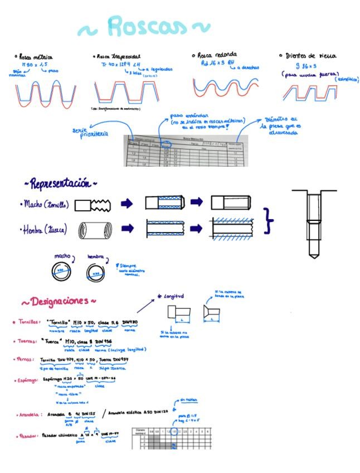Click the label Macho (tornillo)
click(46, 205)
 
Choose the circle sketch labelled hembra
click(95, 272)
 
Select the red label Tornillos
click(28, 322)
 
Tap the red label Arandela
click(29, 414)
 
